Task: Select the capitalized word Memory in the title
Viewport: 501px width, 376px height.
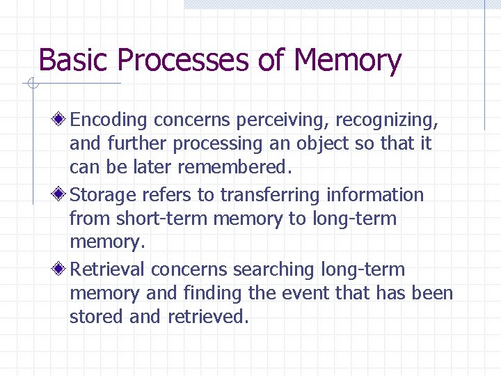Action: click(x=347, y=61)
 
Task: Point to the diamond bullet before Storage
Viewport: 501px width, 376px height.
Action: click(x=61, y=195)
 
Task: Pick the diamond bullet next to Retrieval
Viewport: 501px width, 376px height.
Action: click(x=61, y=269)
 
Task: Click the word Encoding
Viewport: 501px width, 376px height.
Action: click(x=109, y=120)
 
